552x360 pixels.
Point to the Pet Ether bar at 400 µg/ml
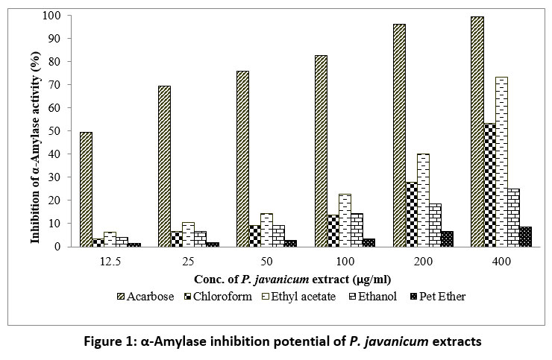(525, 236)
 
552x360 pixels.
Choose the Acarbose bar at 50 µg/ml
(242, 159)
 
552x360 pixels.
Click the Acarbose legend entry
(148, 296)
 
